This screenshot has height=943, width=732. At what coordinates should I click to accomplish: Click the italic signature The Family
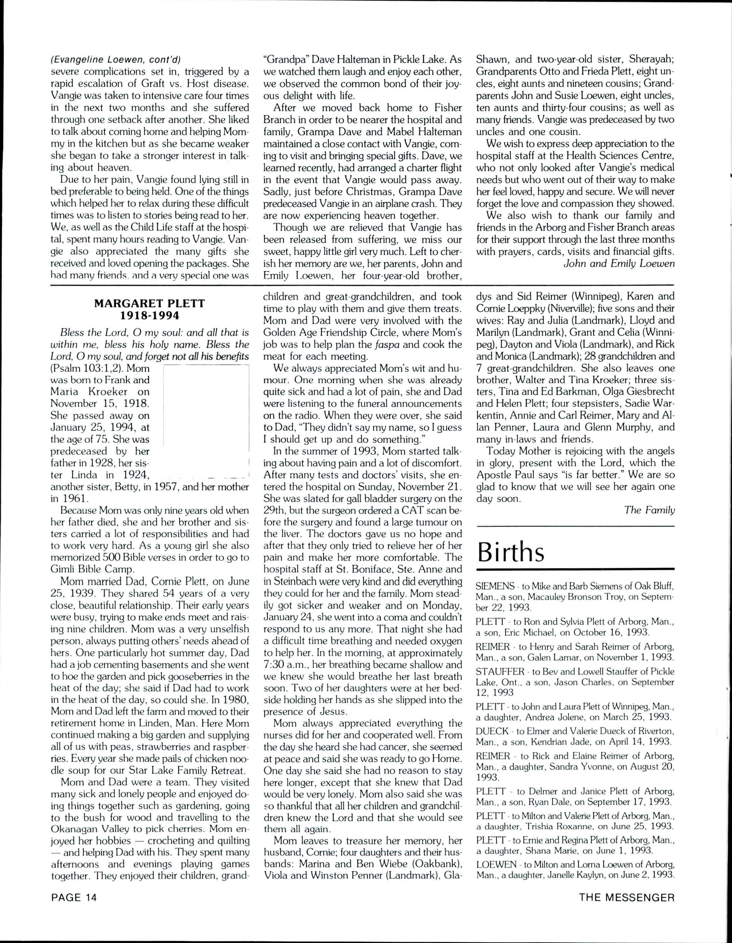[x=649, y=510]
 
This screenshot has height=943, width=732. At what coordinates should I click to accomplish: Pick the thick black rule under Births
[x=575, y=569]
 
